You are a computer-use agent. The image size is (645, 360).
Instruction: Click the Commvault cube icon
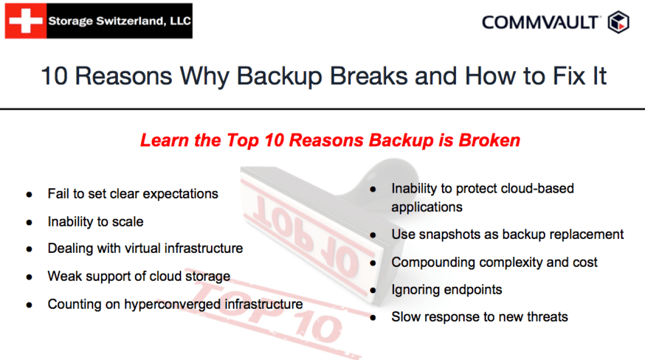click(x=618, y=23)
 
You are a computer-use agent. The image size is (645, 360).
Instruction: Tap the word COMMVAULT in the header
click(x=540, y=23)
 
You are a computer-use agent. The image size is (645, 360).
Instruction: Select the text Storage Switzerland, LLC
click(x=119, y=22)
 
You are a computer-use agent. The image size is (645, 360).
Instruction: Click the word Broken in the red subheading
click(x=489, y=140)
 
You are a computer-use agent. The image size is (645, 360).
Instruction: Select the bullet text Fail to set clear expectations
click(x=133, y=194)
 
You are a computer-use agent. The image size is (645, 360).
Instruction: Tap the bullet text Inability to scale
click(x=95, y=222)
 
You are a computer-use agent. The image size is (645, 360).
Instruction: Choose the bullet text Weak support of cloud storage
click(x=139, y=277)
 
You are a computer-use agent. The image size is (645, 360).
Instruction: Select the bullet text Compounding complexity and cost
click(x=494, y=263)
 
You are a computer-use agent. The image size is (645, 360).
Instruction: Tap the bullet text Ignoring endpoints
click(x=446, y=290)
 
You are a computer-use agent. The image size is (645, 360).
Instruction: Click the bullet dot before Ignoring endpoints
click(x=373, y=290)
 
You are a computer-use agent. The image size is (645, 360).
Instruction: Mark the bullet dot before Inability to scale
click(x=29, y=222)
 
